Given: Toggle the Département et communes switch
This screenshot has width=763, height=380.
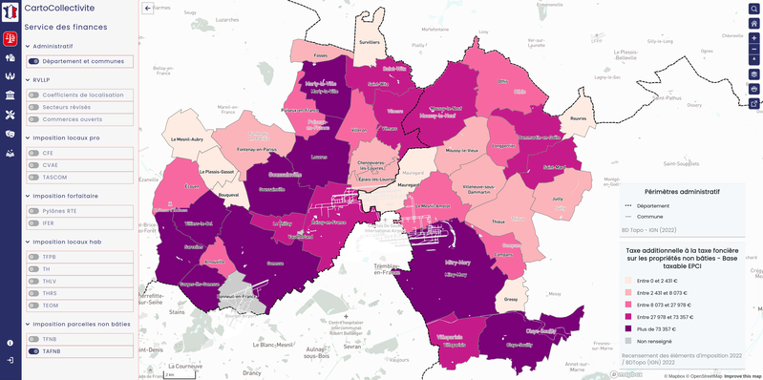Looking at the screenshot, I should (x=34, y=61).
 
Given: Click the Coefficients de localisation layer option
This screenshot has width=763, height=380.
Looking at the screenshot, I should (x=34, y=95).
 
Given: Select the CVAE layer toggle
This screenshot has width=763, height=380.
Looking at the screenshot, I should (x=34, y=164).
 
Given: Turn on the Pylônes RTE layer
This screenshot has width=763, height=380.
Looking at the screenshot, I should (x=34, y=210).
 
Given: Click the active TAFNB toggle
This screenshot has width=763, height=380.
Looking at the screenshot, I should (x=34, y=350).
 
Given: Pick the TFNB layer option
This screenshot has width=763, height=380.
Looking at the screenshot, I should (x=34, y=338).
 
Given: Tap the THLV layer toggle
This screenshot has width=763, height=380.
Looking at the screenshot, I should (x=34, y=280).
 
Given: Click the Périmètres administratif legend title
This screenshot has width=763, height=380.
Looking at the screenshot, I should (x=682, y=191).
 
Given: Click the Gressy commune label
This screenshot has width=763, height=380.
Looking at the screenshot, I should (x=510, y=299).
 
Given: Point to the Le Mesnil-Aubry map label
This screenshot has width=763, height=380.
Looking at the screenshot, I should (x=187, y=139).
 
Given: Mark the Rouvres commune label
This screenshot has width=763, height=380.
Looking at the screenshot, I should (x=578, y=118).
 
